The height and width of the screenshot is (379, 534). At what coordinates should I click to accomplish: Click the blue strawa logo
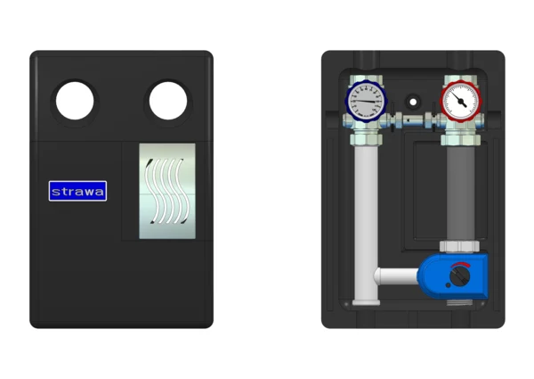click(77, 191)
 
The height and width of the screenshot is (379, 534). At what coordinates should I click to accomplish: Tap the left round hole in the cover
click(75, 102)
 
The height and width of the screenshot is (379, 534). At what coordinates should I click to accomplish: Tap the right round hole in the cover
click(168, 102)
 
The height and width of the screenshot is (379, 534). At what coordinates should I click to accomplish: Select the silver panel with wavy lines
click(167, 191)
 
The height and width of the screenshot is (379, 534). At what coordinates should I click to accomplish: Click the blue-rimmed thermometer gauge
click(366, 102)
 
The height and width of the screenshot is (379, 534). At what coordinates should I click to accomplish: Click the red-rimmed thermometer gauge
click(460, 102)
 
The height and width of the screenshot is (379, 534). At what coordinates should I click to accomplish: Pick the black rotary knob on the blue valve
click(460, 276)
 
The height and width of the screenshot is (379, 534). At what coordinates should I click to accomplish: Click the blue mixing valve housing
click(454, 276)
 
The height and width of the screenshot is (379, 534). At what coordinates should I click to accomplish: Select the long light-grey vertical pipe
click(366, 224)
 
